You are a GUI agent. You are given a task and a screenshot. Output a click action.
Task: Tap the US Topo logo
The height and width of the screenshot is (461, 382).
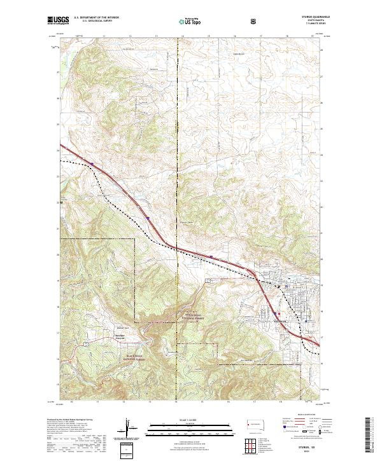(x=188, y=22)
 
